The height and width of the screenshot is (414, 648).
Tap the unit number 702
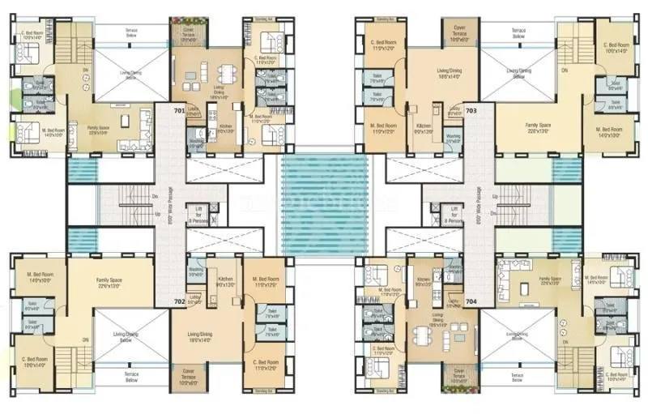(179, 301)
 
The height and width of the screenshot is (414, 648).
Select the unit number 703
(471, 109)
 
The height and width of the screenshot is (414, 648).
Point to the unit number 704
(471, 301)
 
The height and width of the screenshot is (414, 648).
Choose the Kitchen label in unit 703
(424, 127)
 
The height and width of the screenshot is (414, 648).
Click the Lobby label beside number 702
(194, 298)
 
